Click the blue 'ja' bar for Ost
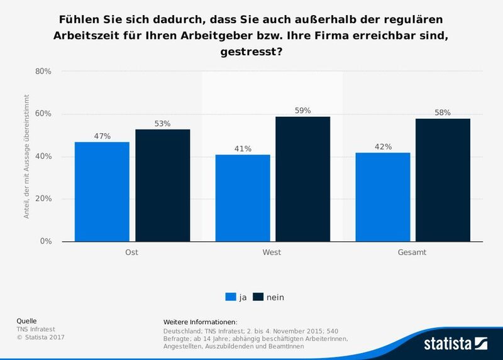(x=102, y=192)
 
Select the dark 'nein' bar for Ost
(x=162, y=185)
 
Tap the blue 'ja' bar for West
(x=243, y=198)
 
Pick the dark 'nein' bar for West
(x=303, y=179)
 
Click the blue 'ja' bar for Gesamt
(x=382, y=197)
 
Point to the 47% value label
(x=102, y=136)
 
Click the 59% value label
(x=303, y=111)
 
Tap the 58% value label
(x=443, y=112)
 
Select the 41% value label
(x=243, y=149)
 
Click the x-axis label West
(x=272, y=253)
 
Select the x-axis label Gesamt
(x=412, y=253)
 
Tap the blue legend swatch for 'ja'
(x=230, y=297)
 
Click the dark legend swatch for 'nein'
(x=258, y=297)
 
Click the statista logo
(x=455, y=343)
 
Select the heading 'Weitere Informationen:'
(x=200, y=322)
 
